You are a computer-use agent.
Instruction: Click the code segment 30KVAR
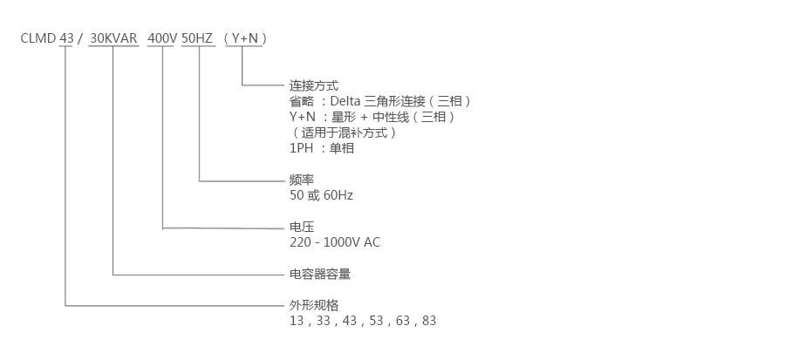click(114, 39)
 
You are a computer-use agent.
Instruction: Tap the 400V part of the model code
click(163, 39)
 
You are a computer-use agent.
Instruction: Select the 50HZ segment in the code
click(198, 39)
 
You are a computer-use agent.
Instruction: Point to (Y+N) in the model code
click(244, 39)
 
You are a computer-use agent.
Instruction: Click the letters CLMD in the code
click(38, 39)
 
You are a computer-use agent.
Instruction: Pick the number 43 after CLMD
click(66, 39)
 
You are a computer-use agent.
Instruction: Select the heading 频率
click(302, 180)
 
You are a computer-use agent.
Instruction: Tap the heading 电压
click(302, 227)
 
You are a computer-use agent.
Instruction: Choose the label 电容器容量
click(320, 274)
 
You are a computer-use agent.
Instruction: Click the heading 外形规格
click(314, 305)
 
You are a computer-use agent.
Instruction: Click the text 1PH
click(302, 148)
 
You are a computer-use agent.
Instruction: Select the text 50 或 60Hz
click(321, 195)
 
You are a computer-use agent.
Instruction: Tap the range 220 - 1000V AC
click(335, 242)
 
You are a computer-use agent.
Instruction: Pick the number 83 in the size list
click(428, 321)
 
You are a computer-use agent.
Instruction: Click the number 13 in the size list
click(297, 321)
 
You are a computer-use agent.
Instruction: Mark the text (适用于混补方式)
click(345, 132)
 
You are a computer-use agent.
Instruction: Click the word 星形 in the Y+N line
click(344, 117)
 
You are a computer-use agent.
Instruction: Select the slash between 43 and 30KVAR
click(80, 39)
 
